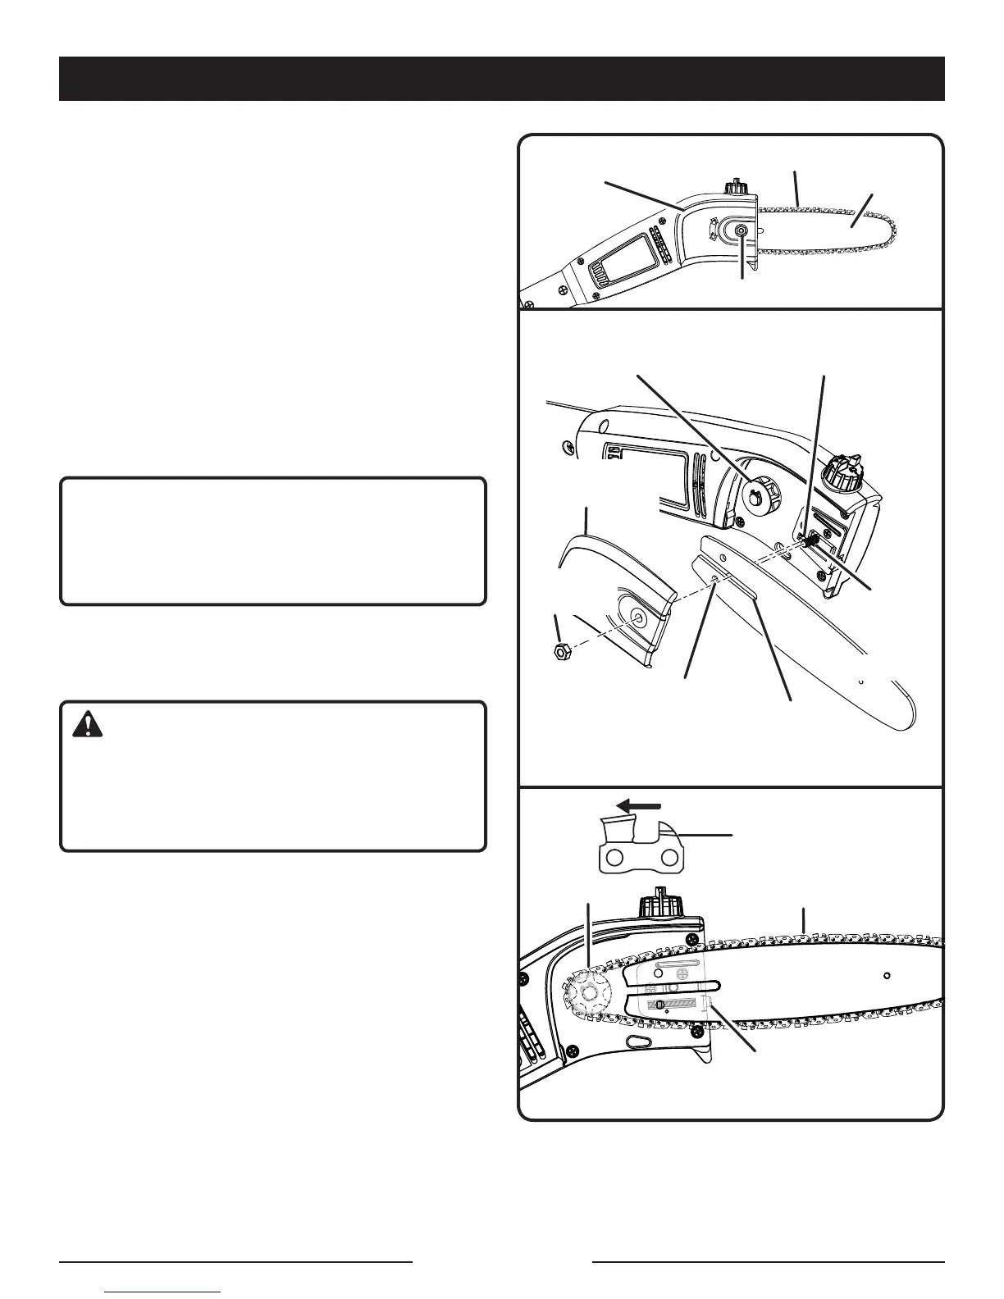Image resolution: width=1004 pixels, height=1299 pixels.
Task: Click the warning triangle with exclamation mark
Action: click(x=88, y=725)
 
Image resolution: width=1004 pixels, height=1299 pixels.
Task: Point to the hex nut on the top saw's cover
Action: click(x=742, y=232)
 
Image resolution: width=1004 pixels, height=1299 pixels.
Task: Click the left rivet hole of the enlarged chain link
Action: click(x=612, y=857)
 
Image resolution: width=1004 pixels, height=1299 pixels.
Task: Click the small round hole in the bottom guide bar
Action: click(x=887, y=976)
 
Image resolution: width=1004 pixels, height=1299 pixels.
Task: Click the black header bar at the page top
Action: click(x=501, y=79)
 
